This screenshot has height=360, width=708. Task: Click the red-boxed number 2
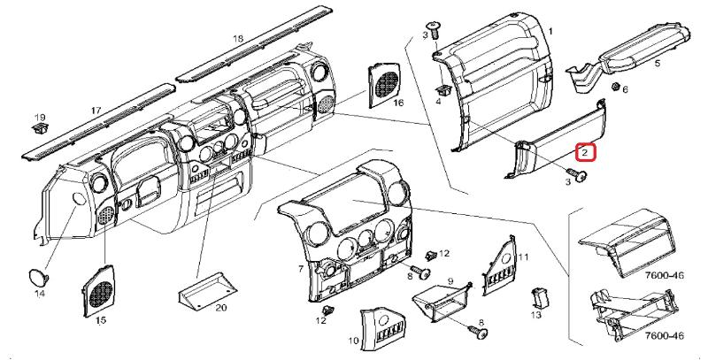(x=585, y=153)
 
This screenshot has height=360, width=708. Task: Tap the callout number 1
(x=552, y=32)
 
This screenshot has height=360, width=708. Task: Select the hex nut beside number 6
(x=614, y=88)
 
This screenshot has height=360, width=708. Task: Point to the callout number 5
(x=658, y=64)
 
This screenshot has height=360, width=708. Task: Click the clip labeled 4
(x=440, y=88)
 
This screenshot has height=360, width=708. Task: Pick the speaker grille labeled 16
(x=385, y=82)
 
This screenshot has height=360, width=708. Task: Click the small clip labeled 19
(x=39, y=130)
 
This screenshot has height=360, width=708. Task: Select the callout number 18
(x=236, y=39)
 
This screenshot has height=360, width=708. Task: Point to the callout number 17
(x=96, y=111)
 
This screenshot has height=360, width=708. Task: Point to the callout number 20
(x=221, y=308)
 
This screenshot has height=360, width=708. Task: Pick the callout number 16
(x=398, y=103)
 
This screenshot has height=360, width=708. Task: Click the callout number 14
(x=39, y=293)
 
